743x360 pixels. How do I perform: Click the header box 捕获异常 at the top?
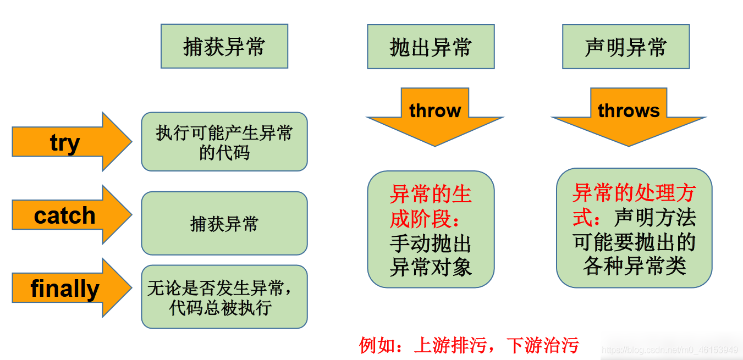click(224, 46)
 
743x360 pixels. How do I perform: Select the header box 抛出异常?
click(431, 46)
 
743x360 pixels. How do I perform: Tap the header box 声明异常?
click(625, 46)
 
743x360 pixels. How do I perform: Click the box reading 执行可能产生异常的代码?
click(224, 142)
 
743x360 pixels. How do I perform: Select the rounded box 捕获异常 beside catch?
click(224, 223)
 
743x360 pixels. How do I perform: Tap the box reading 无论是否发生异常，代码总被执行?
click(224, 297)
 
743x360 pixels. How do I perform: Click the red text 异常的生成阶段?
click(431, 207)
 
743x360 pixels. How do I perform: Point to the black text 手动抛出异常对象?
click(431, 256)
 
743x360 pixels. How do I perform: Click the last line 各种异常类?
click(634, 266)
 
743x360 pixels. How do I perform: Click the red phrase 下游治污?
click(542, 345)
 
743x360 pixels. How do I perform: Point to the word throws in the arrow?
click(629, 111)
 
